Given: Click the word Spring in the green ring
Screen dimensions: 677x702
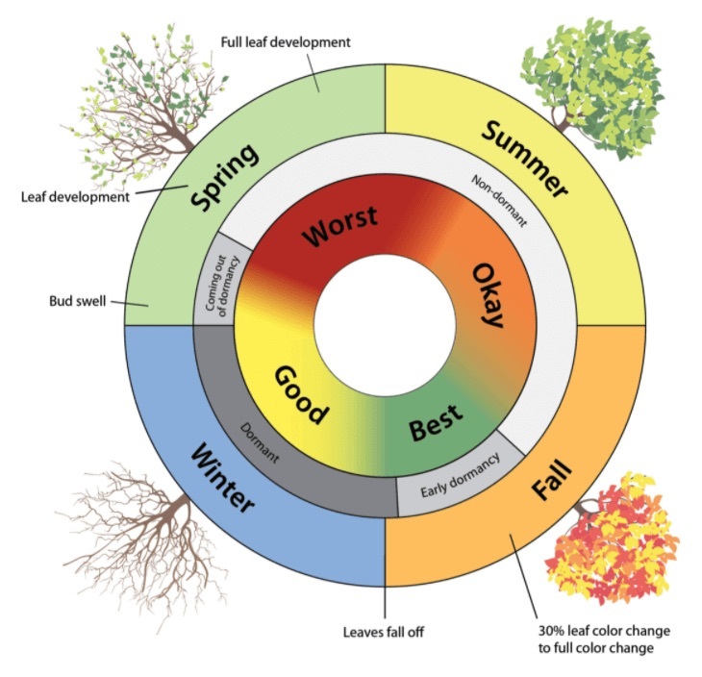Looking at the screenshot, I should tap(226, 176).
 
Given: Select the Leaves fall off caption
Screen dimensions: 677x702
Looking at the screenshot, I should tap(385, 632).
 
